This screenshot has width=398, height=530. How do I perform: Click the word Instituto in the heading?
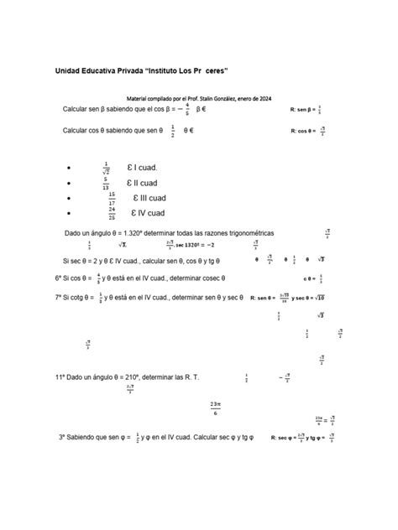coord(166,70)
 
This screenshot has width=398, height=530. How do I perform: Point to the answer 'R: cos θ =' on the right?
coord(305,131)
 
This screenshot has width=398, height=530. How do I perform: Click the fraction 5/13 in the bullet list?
coord(106,183)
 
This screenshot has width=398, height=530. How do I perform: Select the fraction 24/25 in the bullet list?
coord(112,213)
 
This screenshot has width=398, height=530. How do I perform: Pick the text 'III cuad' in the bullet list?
coord(154,198)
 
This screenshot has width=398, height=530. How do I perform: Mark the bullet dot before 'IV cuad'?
coord(68,214)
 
